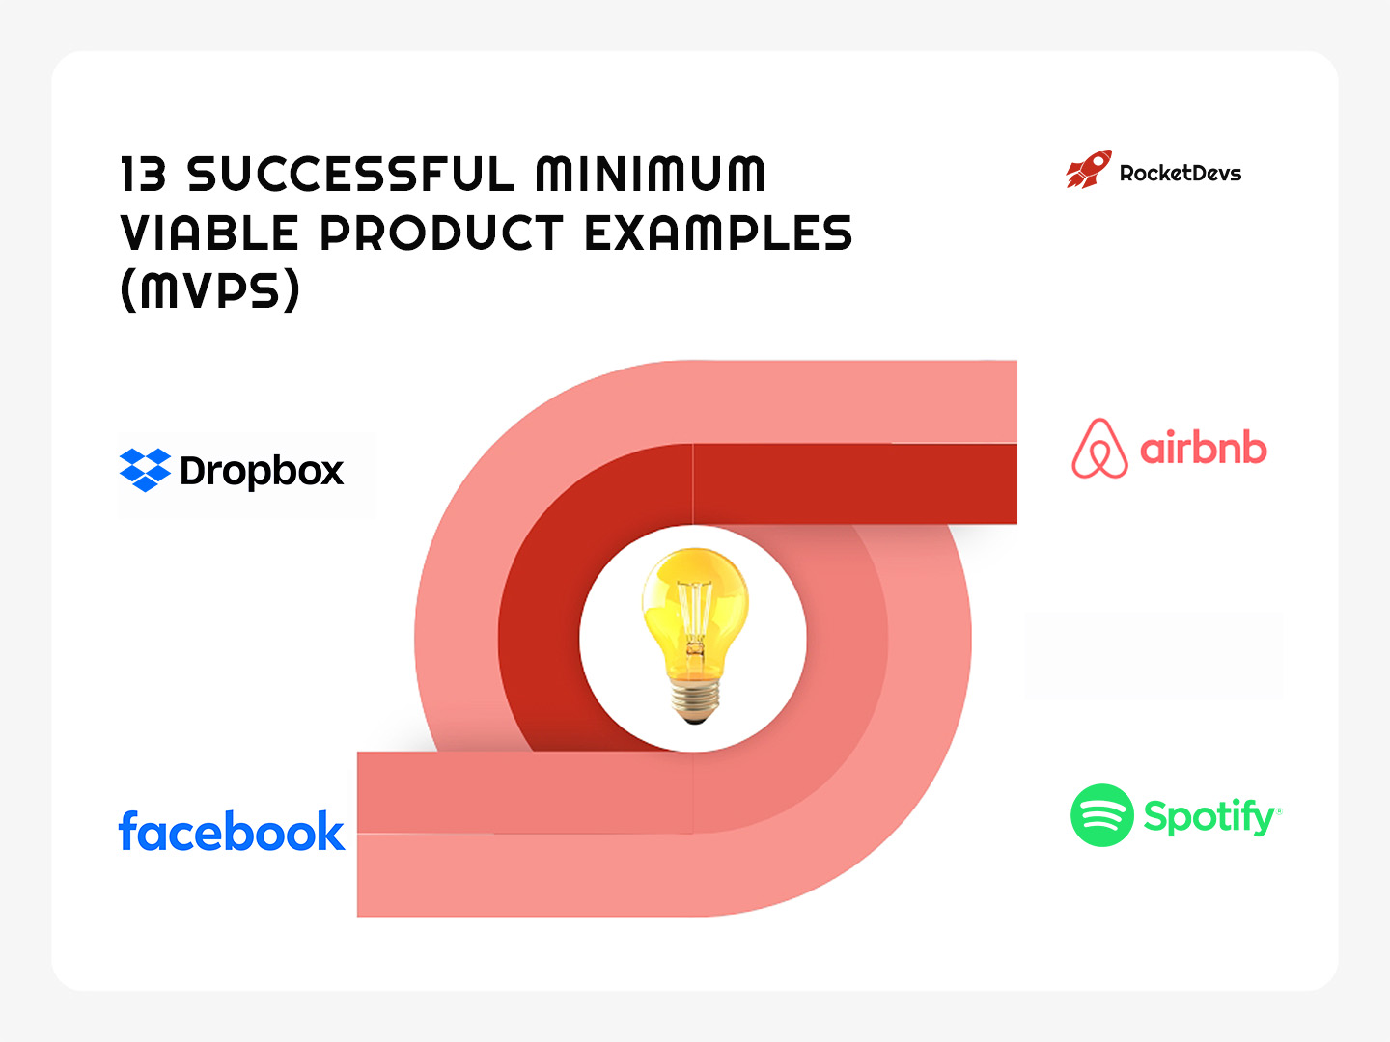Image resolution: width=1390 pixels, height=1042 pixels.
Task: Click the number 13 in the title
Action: pos(143,175)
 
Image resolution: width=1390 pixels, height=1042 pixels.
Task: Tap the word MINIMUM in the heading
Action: pos(651,175)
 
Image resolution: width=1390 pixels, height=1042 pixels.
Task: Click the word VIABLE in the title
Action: pos(209,233)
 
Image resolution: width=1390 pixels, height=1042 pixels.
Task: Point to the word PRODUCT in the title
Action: pos(441,233)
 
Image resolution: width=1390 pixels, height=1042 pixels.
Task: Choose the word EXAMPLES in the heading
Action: pos(718,233)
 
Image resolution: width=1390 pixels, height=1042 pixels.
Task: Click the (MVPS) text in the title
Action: pos(210,289)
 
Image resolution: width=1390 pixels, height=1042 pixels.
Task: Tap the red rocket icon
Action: pos(1089,170)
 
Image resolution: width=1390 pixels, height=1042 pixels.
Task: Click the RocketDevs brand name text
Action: pos(1180,174)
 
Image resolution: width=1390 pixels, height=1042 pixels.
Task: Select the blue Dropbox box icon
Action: pos(145,470)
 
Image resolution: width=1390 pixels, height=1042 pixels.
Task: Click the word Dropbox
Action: pos(262,471)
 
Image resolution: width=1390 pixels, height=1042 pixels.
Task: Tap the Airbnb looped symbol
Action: pos(1099,450)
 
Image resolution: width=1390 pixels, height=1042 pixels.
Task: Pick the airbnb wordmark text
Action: pos(1203,450)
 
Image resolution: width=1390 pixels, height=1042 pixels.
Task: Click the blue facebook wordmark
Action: pos(231,832)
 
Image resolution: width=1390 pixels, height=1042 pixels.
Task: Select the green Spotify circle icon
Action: pos(1101,815)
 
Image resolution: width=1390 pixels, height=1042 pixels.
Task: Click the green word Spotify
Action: pos(1210,817)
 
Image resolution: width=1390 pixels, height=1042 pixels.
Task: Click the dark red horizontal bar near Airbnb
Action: pos(854,483)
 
